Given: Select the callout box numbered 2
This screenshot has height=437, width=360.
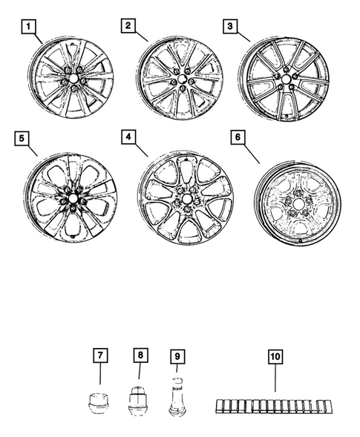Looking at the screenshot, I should pyautogui.click(x=128, y=27).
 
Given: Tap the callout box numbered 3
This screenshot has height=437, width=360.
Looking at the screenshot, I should pyautogui.click(x=231, y=27).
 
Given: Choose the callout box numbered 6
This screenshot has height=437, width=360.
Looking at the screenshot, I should pyautogui.click(x=238, y=139).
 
